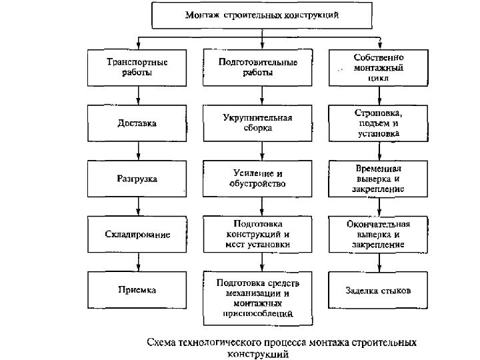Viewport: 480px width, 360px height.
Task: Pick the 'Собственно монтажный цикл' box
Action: (x=378, y=67)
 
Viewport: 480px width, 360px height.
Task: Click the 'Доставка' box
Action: (x=137, y=123)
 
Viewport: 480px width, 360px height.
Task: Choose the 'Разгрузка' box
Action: (x=137, y=179)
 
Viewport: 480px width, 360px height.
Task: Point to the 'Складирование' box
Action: (x=137, y=235)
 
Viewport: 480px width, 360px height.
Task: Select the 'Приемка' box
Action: (x=137, y=290)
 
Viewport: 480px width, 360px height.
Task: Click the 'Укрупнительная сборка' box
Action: (x=258, y=123)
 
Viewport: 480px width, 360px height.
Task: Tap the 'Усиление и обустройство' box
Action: (x=258, y=179)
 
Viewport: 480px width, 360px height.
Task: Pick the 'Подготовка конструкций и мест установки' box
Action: (x=258, y=235)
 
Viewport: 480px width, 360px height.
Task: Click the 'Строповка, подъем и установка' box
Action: (x=378, y=123)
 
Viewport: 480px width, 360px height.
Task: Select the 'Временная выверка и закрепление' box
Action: (x=378, y=179)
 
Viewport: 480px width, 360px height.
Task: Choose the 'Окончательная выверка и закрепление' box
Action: (x=378, y=235)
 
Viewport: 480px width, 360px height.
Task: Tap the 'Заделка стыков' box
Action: (x=378, y=291)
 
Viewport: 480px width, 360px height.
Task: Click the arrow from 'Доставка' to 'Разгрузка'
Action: (x=137, y=150)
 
